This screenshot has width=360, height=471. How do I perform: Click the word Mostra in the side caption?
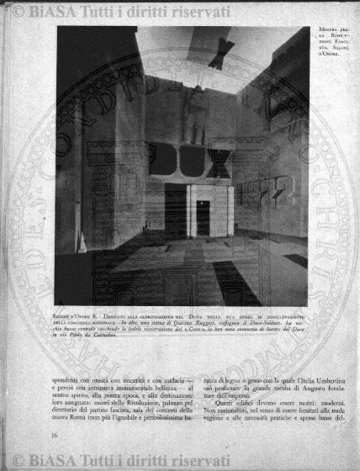tap(331, 32)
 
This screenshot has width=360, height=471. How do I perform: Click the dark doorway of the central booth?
tap(203, 217)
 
